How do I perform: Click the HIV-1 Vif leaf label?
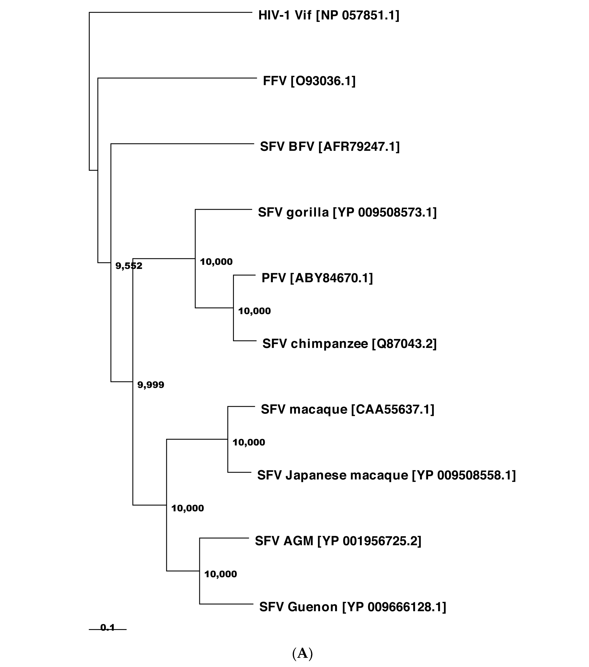click(x=329, y=15)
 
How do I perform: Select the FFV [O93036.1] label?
click(x=309, y=81)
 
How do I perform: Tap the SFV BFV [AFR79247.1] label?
click(x=330, y=147)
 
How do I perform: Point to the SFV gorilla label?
click(x=347, y=212)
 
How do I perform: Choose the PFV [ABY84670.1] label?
click(x=317, y=278)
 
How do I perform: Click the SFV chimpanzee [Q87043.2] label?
click(x=349, y=344)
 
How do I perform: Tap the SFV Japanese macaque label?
click(x=386, y=475)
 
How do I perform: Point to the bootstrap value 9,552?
click(x=129, y=266)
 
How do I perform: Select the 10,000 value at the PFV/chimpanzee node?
click(x=254, y=311)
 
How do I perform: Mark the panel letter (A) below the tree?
click(x=302, y=653)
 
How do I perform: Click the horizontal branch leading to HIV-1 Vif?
click(x=170, y=12)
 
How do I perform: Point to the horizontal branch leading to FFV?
click(x=176, y=78)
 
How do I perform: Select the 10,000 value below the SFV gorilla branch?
click(x=216, y=262)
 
